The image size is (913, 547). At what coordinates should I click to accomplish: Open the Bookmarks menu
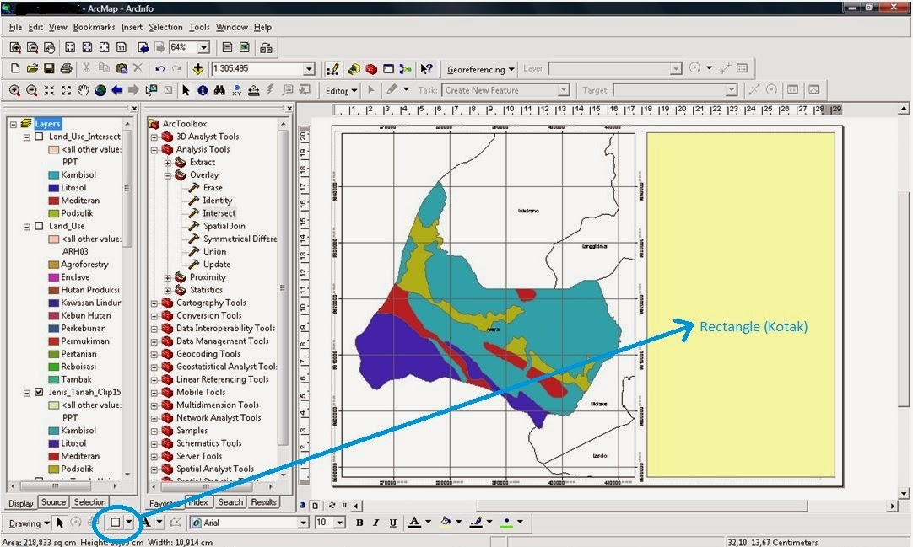pyautogui.click(x=94, y=27)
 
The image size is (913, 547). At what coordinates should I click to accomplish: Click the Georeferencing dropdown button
pyautogui.click(x=480, y=69)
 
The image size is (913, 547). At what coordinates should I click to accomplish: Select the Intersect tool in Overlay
pyautogui.click(x=219, y=213)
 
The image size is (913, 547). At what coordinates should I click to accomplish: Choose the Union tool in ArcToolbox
pyautogui.click(x=214, y=251)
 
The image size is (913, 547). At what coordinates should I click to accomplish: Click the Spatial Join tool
pyautogui.click(x=224, y=226)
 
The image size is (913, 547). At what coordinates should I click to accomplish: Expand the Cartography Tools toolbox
pyautogui.click(x=154, y=303)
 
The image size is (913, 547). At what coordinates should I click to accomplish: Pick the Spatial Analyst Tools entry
pyautogui.click(x=214, y=469)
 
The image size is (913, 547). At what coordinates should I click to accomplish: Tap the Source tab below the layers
pyautogui.click(x=53, y=502)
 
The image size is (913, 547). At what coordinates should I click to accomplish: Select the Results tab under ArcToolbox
pyautogui.click(x=263, y=502)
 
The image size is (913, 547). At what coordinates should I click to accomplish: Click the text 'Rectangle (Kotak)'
pyautogui.click(x=754, y=326)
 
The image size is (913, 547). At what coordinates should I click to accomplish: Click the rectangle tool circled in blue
pyautogui.click(x=116, y=523)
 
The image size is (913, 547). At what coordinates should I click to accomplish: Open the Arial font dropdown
pyautogui.click(x=250, y=523)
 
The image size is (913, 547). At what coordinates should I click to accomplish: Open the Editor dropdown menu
pyautogui.click(x=341, y=90)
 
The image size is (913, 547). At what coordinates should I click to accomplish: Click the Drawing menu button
pyautogui.click(x=29, y=523)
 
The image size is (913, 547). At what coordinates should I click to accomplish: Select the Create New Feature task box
pyautogui.click(x=505, y=90)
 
